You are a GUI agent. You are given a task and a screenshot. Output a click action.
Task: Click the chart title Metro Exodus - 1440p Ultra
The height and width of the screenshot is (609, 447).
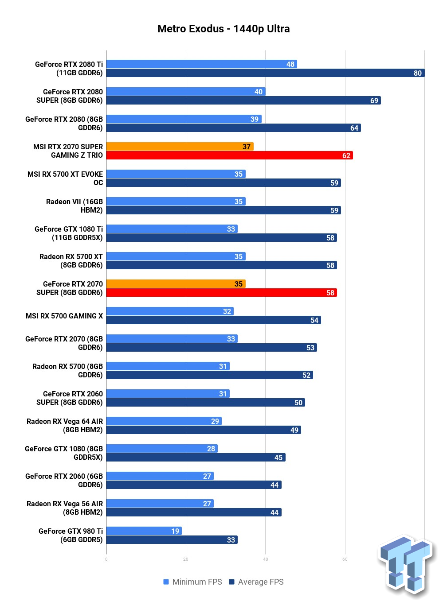(x=223, y=29)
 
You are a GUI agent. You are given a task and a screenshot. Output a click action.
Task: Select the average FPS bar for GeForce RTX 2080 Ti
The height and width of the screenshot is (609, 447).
(x=266, y=73)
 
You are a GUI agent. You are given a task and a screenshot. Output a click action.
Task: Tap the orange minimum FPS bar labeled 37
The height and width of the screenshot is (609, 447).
(x=180, y=147)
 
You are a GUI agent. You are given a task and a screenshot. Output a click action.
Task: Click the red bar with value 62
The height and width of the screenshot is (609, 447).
(x=230, y=155)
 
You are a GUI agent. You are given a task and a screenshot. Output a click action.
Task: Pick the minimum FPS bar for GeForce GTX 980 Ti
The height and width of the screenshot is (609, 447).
(x=144, y=531)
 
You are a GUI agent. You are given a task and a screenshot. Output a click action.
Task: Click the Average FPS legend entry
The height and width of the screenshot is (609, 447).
(x=256, y=582)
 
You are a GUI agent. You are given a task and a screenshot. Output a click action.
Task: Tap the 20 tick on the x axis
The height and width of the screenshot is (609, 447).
(x=186, y=559)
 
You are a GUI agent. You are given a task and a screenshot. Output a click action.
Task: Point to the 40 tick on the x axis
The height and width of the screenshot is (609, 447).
(x=266, y=559)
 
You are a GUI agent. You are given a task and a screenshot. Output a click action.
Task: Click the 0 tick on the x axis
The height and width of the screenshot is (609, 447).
(x=106, y=559)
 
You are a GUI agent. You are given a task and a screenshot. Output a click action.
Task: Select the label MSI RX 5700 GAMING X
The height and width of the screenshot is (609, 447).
(x=64, y=316)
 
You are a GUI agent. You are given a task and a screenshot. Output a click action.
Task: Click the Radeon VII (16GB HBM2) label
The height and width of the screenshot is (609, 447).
(x=74, y=206)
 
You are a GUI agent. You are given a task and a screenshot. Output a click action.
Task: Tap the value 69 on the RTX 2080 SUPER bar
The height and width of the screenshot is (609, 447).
(x=374, y=101)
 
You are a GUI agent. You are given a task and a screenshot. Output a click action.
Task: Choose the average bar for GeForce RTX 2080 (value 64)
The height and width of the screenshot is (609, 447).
(x=234, y=128)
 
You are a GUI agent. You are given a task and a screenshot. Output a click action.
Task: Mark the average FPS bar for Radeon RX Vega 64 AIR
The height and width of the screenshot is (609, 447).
(x=204, y=430)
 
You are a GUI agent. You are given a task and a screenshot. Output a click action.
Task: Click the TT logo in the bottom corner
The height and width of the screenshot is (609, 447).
(x=406, y=566)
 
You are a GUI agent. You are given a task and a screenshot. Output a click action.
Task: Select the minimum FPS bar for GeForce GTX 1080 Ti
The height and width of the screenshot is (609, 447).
(x=172, y=229)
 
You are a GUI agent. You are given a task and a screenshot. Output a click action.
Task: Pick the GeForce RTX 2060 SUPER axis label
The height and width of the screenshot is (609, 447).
(x=70, y=398)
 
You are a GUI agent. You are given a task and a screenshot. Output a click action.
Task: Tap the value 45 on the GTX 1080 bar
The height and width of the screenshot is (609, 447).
(x=278, y=458)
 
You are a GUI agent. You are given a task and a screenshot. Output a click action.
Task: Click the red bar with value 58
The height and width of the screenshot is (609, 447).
(x=222, y=292)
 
